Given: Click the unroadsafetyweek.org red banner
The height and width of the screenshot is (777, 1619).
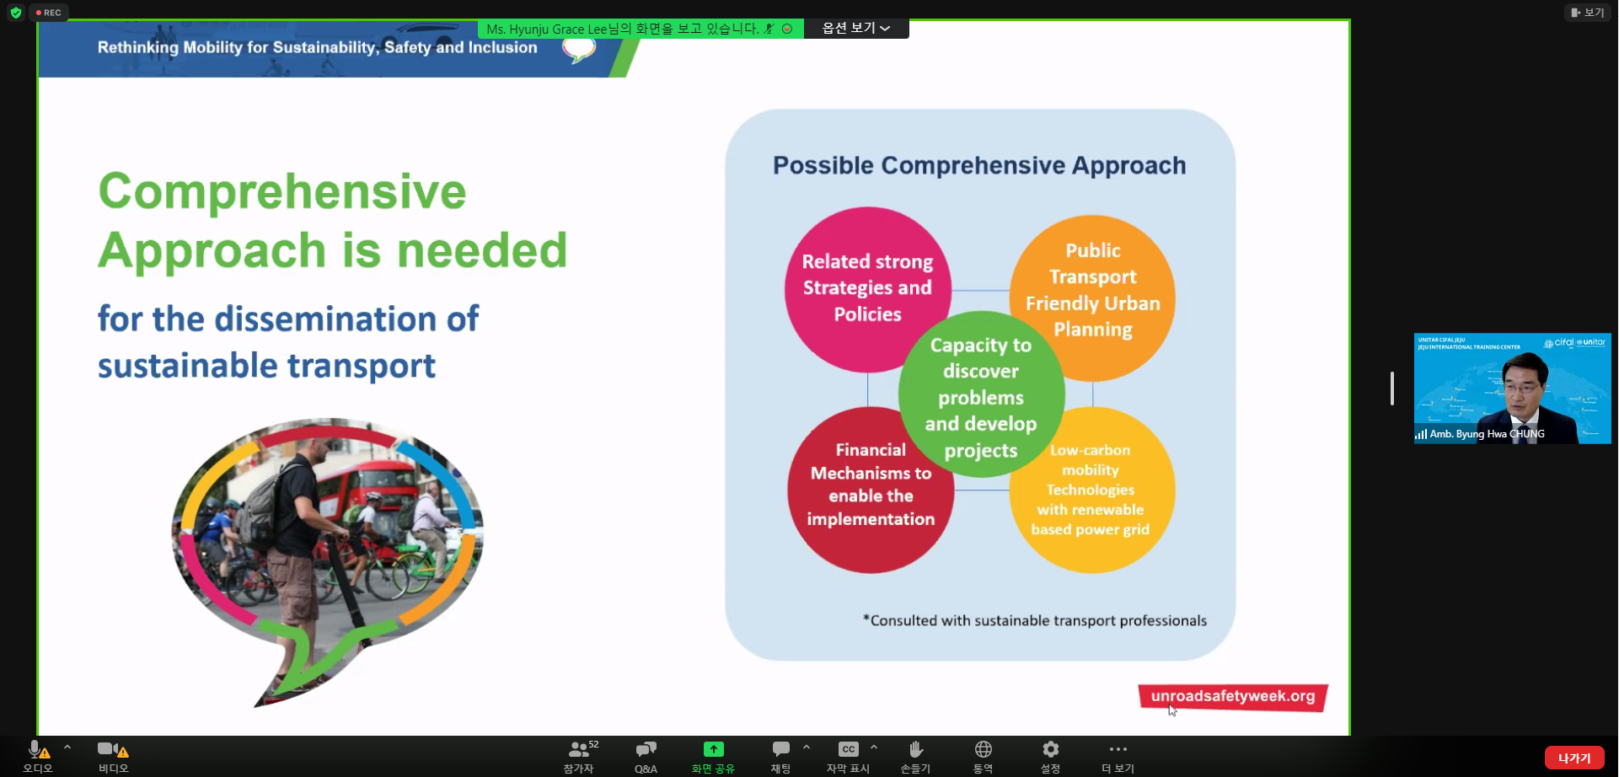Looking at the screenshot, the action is (x=1233, y=697).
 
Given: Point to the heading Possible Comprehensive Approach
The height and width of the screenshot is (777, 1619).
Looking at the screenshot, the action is (x=979, y=165).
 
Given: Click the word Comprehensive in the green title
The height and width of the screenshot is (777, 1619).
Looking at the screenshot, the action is (x=282, y=191).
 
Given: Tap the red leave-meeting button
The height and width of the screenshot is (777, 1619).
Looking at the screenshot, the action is (x=1573, y=758).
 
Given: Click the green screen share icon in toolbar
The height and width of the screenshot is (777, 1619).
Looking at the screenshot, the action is (x=713, y=749).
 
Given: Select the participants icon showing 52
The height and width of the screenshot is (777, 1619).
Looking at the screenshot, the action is (x=582, y=748).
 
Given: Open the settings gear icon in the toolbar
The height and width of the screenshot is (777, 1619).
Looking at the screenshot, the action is (x=1050, y=748).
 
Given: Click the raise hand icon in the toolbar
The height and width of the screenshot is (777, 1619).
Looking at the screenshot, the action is (x=916, y=748).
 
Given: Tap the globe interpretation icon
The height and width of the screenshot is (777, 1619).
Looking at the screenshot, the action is (x=983, y=748).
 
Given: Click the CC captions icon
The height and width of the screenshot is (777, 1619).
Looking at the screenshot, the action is (x=848, y=749).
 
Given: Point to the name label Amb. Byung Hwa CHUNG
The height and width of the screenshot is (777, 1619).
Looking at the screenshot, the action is (x=1487, y=435).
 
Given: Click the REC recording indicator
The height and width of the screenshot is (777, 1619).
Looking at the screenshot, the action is (x=49, y=13).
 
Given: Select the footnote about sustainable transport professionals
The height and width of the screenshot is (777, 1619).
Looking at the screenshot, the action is (x=1035, y=621).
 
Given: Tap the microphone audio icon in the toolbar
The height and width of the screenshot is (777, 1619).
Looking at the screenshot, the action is (x=35, y=748).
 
